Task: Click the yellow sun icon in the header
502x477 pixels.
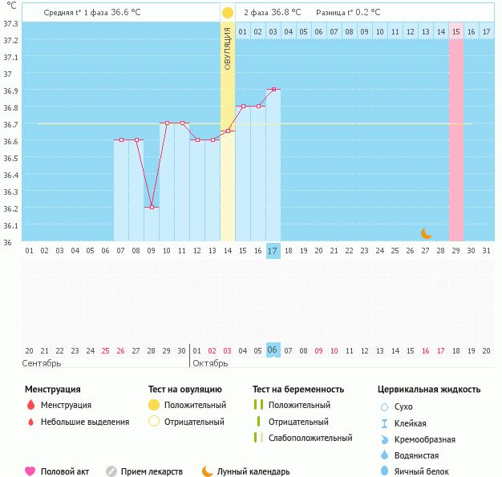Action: pyautogui.click(x=228, y=13)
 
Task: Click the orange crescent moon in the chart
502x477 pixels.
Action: pyautogui.click(x=427, y=233)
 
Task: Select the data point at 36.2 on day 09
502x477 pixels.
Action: pyautogui.click(x=152, y=207)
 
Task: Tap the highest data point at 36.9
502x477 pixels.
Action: pyautogui.click(x=273, y=89)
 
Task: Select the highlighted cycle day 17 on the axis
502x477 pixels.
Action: pyautogui.click(x=273, y=251)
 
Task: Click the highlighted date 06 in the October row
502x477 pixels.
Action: pyautogui.click(x=273, y=350)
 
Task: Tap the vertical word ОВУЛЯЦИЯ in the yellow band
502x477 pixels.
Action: pyautogui.click(x=228, y=48)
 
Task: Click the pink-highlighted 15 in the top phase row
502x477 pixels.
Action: pyautogui.click(x=455, y=31)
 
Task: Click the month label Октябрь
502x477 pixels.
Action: pyautogui.click(x=210, y=363)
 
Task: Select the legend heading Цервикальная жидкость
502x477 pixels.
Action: pyautogui.click(x=429, y=389)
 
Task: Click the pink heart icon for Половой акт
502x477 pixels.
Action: pyautogui.click(x=30, y=471)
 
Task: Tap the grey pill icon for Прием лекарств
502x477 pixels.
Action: pyautogui.click(x=111, y=471)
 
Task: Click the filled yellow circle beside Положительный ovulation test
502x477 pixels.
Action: pyautogui.click(x=154, y=406)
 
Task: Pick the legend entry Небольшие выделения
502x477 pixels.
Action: pyautogui.click(x=84, y=422)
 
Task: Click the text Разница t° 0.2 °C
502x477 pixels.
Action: pyautogui.click(x=348, y=13)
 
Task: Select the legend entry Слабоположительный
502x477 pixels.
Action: pyautogui.click(x=310, y=438)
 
